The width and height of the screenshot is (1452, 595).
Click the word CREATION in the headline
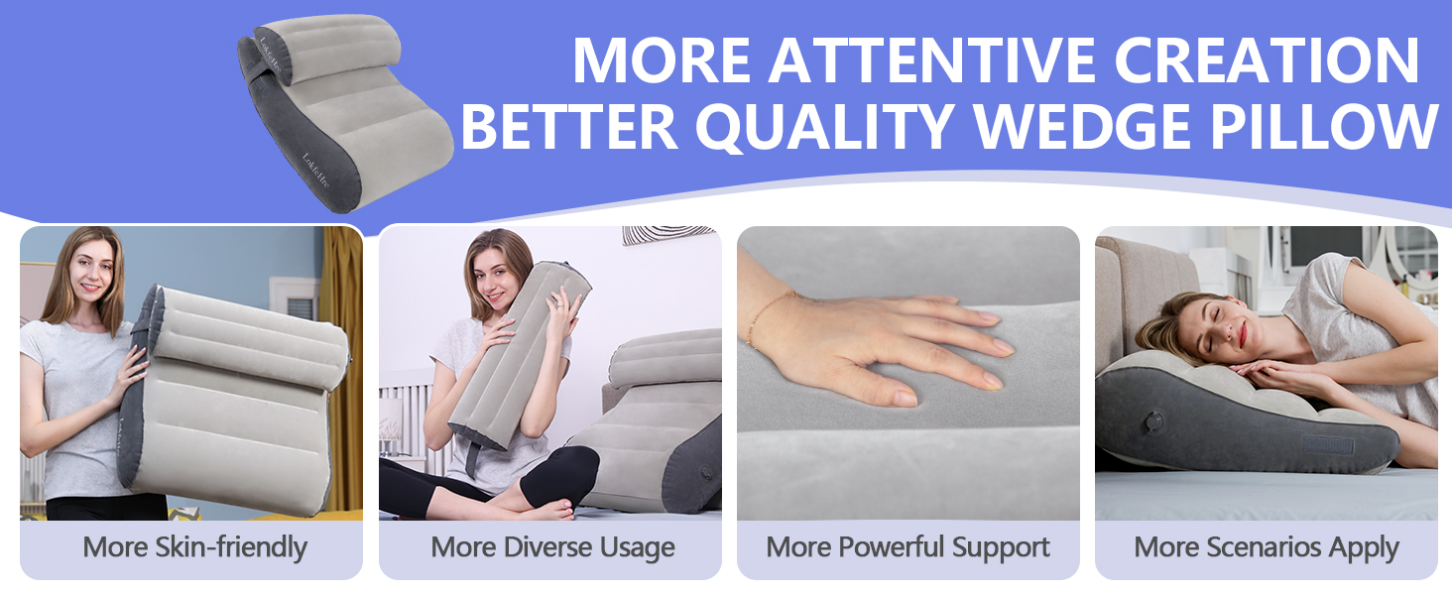[1267, 60]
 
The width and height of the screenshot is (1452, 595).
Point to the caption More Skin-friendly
[194, 547]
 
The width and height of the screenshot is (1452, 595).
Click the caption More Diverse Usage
[552, 547]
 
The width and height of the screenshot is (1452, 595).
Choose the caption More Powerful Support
[907, 547]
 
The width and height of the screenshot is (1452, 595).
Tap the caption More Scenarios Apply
[1266, 547]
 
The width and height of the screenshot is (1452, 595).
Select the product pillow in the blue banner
[342, 109]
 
